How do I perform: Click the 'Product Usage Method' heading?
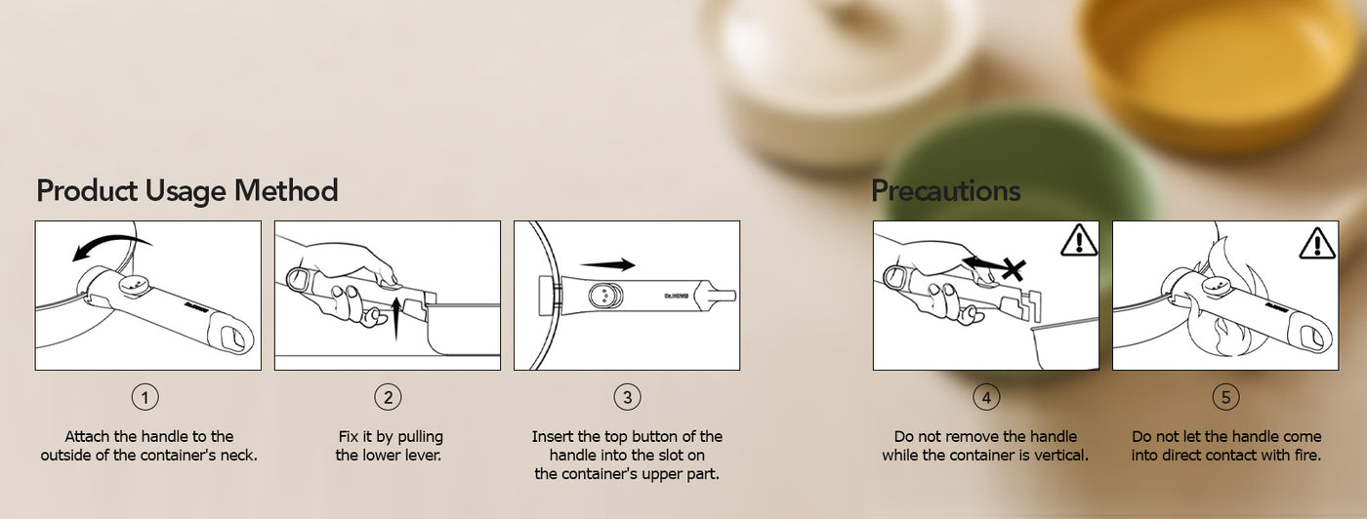click(x=187, y=191)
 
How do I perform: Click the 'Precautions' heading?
click(x=946, y=191)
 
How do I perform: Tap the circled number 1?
click(x=145, y=398)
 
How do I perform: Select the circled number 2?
click(x=389, y=398)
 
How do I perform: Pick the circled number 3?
click(x=627, y=398)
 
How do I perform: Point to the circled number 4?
click(x=987, y=398)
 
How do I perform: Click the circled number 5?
click(x=1226, y=398)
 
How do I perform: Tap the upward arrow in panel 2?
click(x=396, y=317)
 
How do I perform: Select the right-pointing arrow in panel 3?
click(x=607, y=264)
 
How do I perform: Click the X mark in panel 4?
click(x=1014, y=269)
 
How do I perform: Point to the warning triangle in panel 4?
click(x=1079, y=240)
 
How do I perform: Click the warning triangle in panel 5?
click(x=1317, y=243)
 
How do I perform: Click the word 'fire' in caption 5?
click(x=1306, y=455)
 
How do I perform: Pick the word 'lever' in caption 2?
click(x=422, y=455)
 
